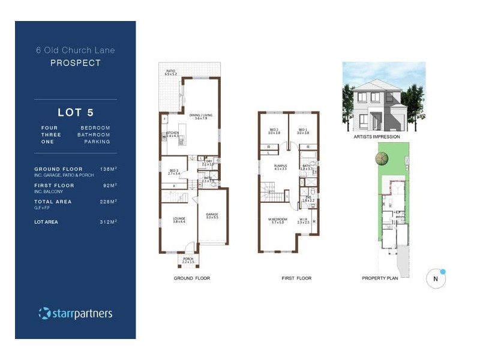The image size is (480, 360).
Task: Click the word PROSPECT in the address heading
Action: (75, 62)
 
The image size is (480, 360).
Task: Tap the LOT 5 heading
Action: (76, 112)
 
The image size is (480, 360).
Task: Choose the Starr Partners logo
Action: (75, 313)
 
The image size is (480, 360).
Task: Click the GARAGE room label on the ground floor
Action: (212, 215)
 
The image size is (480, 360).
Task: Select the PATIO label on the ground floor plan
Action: (171, 71)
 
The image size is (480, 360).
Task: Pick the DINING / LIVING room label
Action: (201, 116)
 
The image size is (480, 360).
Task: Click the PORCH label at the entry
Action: (189, 259)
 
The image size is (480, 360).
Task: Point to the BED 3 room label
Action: (175, 171)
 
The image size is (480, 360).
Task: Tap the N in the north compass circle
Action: (436, 279)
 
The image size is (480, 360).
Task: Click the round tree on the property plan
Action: (380, 158)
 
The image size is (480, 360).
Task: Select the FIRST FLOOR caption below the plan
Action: (296, 278)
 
